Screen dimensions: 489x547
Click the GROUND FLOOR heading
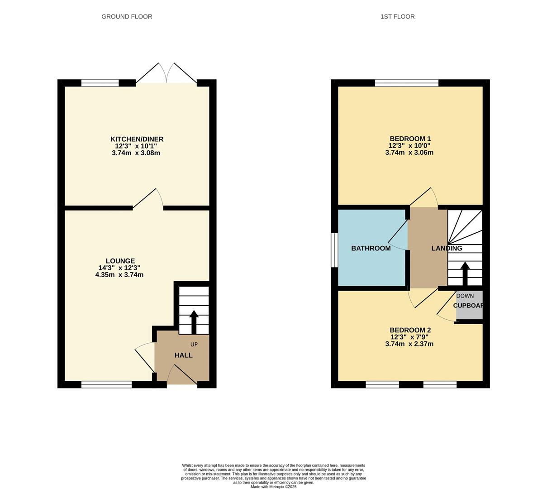[x=127, y=17]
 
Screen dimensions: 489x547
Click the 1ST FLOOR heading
[x=397, y=17]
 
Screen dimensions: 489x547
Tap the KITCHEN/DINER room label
[x=137, y=139]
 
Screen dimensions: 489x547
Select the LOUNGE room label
[x=120, y=261]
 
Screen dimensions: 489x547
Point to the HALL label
[x=183, y=355]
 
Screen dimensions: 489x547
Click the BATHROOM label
[x=371, y=248]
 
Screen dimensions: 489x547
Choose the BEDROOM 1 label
[x=410, y=139]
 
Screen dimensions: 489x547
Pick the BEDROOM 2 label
[x=410, y=330]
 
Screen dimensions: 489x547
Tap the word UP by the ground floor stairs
[x=194, y=345]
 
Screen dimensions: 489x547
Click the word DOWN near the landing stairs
[x=465, y=296]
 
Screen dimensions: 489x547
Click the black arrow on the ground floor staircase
[x=194, y=321]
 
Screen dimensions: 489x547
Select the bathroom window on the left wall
[x=334, y=250]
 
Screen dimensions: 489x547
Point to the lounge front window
[x=106, y=384]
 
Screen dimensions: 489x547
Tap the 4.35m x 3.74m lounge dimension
[x=119, y=274]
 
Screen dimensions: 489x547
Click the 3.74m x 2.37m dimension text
[x=409, y=344]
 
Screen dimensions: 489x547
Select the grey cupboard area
[x=469, y=305]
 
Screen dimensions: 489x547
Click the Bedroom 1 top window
[x=407, y=82]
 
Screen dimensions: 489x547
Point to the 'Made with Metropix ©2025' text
[x=273, y=487]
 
